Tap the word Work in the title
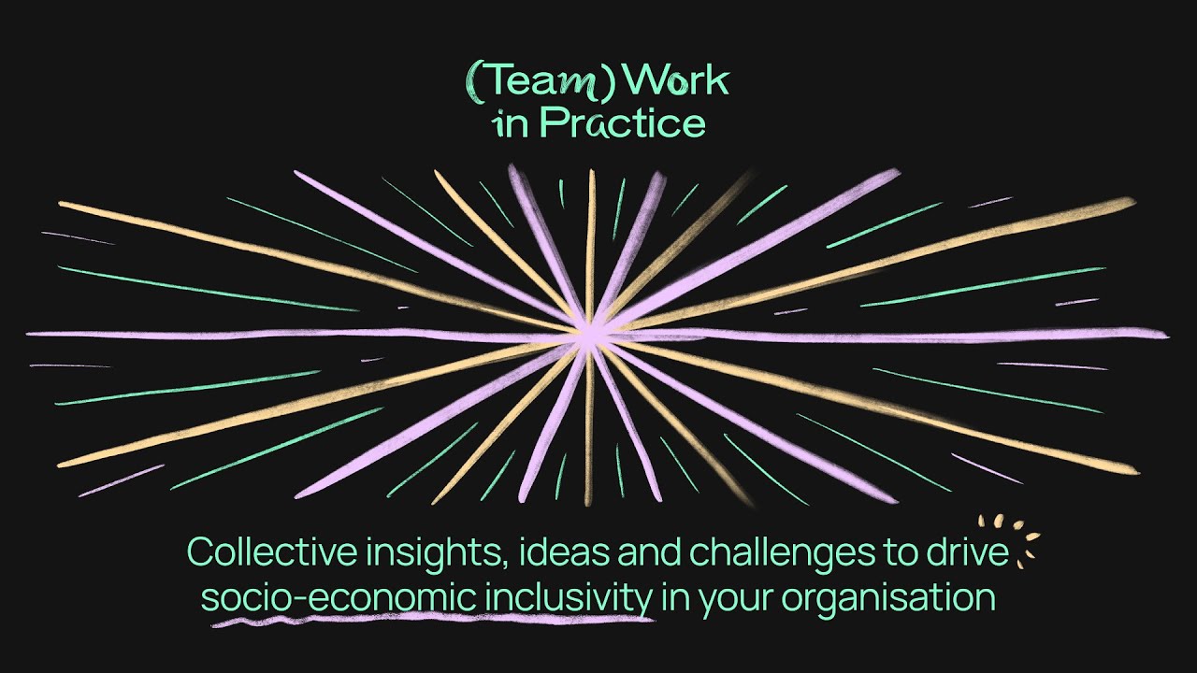point(676,80)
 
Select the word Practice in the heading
point(623,122)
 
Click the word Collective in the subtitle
point(271,551)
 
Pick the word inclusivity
point(569,599)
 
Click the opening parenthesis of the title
point(473,82)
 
